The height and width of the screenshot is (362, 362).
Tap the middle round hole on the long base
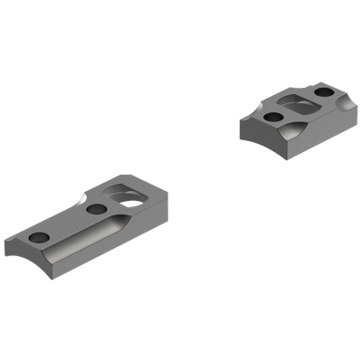click(97, 209)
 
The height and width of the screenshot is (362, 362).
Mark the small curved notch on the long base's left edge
click(83, 196)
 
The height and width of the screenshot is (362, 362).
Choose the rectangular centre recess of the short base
click(296, 102)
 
